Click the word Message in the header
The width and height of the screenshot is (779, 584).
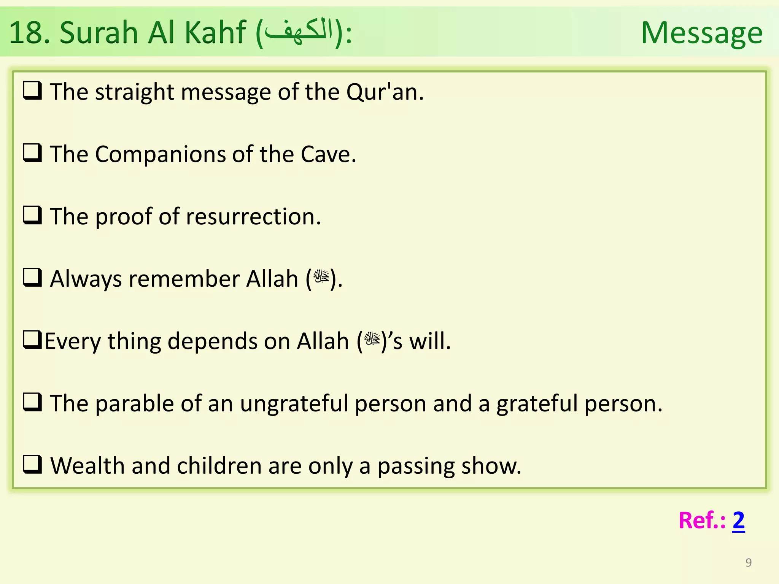pyautogui.click(x=702, y=33)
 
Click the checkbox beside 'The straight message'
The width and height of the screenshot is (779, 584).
pyautogui.click(x=32, y=91)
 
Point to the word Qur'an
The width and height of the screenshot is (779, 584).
pyautogui.click(x=385, y=92)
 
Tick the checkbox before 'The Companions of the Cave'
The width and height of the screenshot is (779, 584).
pyautogui.click(x=32, y=153)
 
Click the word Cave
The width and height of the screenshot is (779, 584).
pyautogui.click(x=328, y=154)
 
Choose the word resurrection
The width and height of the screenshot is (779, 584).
pyautogui.click(x=254, y=217)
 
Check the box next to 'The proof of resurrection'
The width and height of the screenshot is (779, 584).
pyautogui.click(x=32, y=216)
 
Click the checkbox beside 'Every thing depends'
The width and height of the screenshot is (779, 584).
pyautogui.click(x=32, y=340)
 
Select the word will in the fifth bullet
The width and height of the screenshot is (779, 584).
pyautogui.click(x=429, y=341)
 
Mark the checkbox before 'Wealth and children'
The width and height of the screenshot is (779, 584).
pyautogui.click(x=32, y=464)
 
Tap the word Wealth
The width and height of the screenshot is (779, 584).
pyautogui.click(x=87, y=466)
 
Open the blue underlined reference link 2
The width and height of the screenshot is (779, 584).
pyautogui.click(x=738, y=521)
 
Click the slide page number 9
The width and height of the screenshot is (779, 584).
pyautogui.click(x=749, y=562)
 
